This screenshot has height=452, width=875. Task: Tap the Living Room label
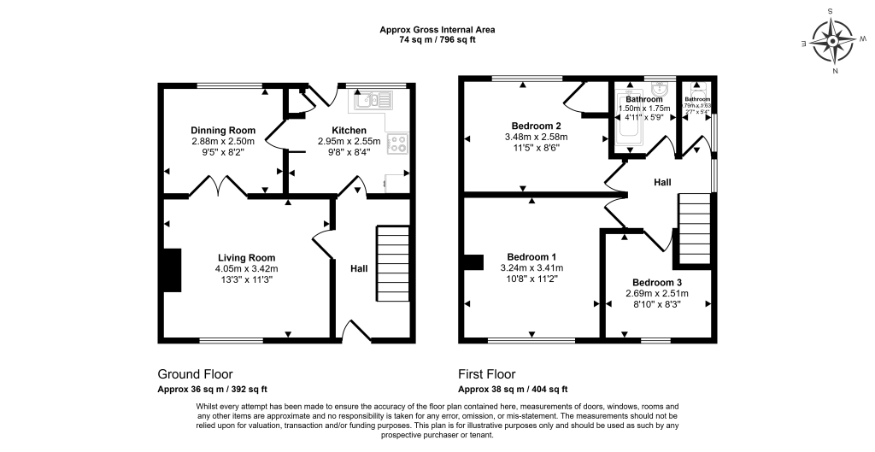(246, 257)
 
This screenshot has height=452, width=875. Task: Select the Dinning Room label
(223, 131)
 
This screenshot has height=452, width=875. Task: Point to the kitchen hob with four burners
(397, 144)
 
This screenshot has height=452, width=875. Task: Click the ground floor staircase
(391, 262)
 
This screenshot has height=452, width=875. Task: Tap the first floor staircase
(694, 229)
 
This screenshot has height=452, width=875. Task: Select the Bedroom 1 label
(531, 256)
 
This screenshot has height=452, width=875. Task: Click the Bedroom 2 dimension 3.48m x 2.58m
(536, 137)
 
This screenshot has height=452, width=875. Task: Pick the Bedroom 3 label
(657, 283)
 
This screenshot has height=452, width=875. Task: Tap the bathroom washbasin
(658, 91)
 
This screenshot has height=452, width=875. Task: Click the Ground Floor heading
(195, 374)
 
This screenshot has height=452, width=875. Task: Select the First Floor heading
(487, 374)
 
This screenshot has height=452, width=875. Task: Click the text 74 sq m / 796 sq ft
(437, 40)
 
